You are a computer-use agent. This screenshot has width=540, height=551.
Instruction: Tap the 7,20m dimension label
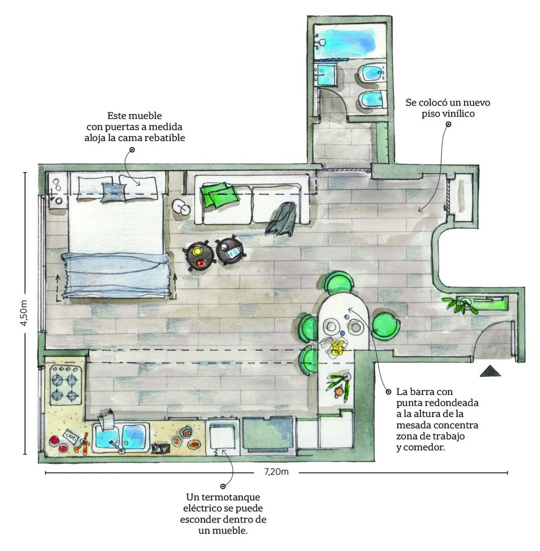click(276, 472)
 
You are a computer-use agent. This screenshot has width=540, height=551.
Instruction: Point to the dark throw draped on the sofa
click(282, 220)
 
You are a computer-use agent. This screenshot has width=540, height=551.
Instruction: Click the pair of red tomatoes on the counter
click(58, 444)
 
